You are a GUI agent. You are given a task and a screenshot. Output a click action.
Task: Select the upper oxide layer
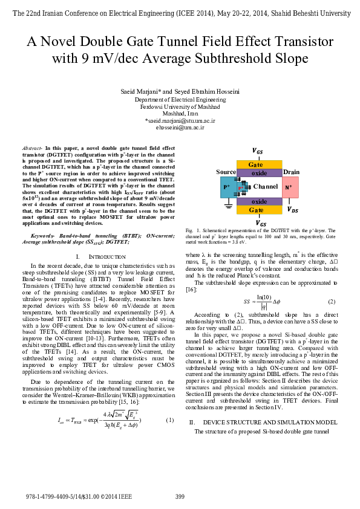click(258, 172)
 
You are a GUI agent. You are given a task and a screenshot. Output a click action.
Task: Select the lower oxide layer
click(258, 201)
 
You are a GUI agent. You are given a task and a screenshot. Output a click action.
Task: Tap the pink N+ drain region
click(290, 187)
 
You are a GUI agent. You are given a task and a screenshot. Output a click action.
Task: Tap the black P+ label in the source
click(227, 188)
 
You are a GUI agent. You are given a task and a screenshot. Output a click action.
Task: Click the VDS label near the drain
click(292, 210)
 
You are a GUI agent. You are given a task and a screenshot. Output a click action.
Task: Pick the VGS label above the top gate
click(258, 151)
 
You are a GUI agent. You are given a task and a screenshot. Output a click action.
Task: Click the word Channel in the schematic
click(265, 187)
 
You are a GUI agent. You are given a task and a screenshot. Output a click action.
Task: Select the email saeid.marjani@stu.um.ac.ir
click(180, 121)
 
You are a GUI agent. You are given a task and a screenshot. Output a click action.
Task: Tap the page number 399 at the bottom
click(180, 497)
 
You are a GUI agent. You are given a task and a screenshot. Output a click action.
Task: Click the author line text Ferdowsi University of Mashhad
click(180, 106)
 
